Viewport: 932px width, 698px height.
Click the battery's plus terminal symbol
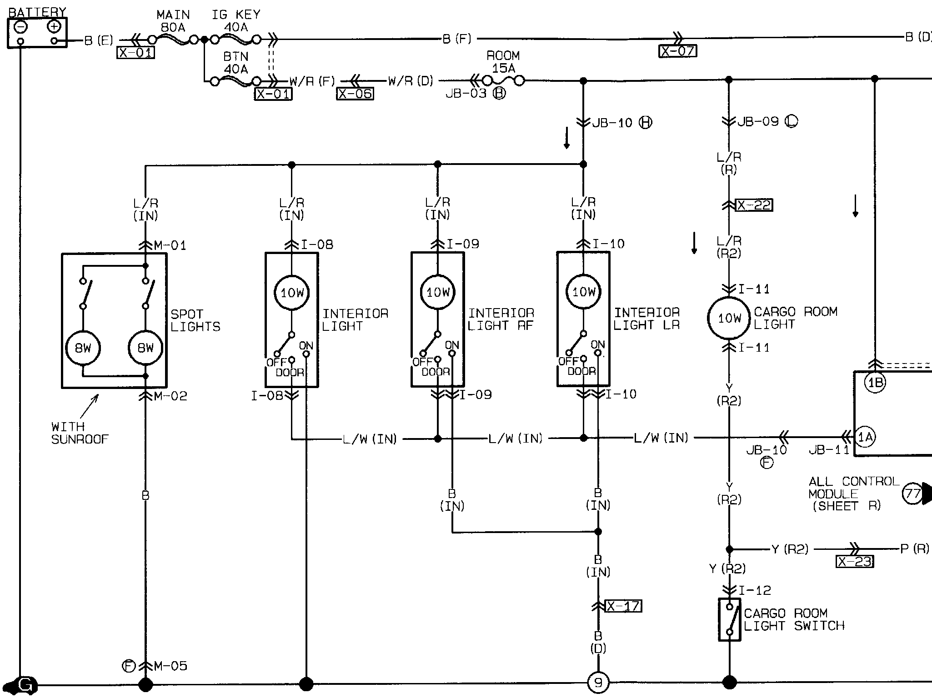click(54, 27)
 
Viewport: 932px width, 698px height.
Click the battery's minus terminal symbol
click(20, 27)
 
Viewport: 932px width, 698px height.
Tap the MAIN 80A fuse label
click(173, 21)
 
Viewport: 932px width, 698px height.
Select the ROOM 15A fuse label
click(503, 62)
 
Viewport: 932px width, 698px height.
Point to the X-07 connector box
click(677, 51)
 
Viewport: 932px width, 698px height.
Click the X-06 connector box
click(355, 94)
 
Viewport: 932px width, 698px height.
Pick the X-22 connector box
click(754, 205)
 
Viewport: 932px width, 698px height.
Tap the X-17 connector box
click(624, 606)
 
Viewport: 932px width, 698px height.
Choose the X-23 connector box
click(855, 562)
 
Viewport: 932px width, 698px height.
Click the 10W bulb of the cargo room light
click(729, 318)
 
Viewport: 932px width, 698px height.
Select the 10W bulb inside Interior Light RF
click(438, 292)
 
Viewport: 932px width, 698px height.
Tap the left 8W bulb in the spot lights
click(83, 348)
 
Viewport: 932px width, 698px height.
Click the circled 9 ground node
click(598, 683)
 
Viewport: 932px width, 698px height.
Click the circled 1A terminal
click(865, 437)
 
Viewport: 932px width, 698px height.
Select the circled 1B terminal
click(875, 383)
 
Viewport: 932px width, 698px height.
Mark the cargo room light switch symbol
click(729, 619)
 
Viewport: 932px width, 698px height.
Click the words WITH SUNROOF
click(80, 433)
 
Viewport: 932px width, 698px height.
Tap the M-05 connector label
click(170, 666)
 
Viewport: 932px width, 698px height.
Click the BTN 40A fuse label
click(236, 63)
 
